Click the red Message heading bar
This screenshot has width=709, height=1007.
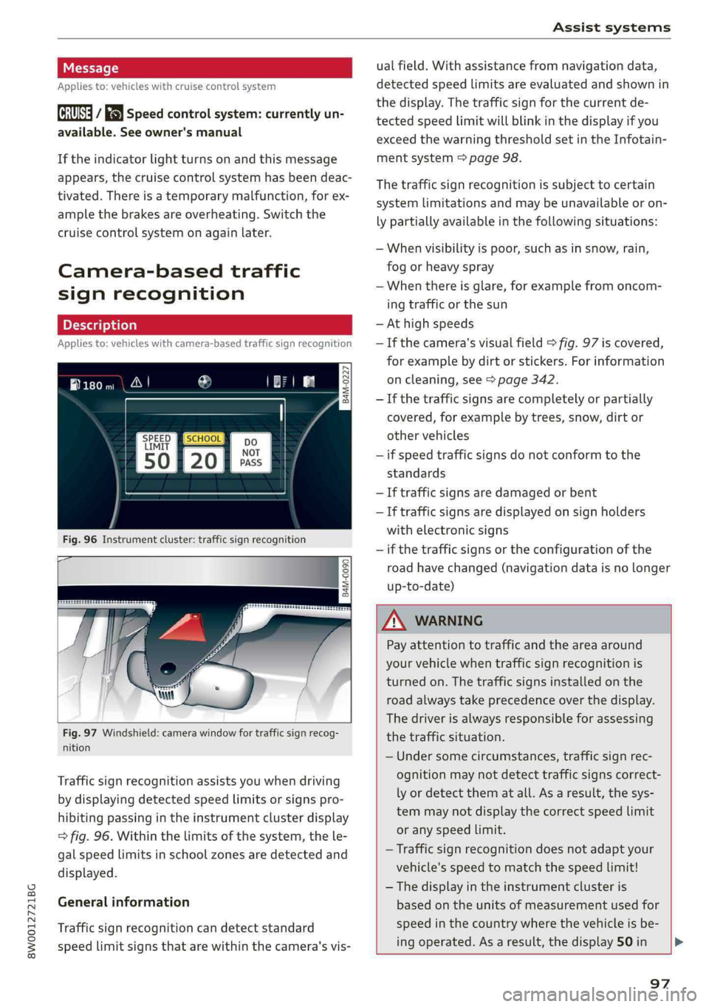pos(205,68)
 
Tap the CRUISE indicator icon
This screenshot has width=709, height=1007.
pos(75,113)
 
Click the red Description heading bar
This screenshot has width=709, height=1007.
pos(205,325)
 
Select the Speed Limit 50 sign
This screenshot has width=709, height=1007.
pos(157,453)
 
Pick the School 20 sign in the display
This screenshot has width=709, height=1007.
pos(204,453)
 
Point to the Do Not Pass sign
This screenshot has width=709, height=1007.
pos(251,452)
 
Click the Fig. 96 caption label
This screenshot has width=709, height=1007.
pos(80,540)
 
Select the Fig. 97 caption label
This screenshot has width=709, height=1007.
pos(80,733)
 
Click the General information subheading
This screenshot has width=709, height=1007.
pos(123,902)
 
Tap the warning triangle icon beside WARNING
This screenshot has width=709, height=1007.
pos(394,621)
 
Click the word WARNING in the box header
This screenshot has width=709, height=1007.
pos(448,621)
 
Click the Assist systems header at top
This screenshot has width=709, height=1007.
pos(612,27)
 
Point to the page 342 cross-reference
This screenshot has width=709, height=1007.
pos(526,380)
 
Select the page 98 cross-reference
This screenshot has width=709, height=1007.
pos(494,158)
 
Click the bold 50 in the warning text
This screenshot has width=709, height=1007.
pos(625,942)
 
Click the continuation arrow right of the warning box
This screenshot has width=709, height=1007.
pos(679,942)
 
